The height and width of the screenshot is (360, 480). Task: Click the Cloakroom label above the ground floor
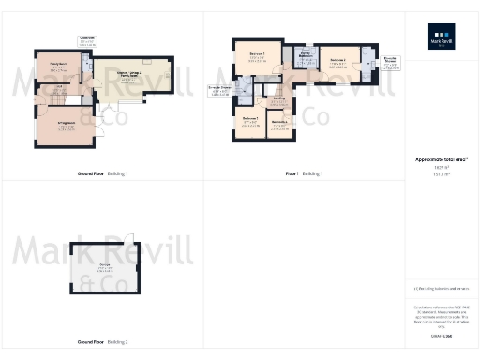point(86,40)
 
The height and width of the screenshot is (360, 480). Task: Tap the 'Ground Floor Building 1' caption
point(103,173)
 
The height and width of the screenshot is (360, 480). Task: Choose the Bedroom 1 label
point(257,56)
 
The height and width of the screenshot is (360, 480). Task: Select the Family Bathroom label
point(306,54)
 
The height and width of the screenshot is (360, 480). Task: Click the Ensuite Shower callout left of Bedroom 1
point(220,88)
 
